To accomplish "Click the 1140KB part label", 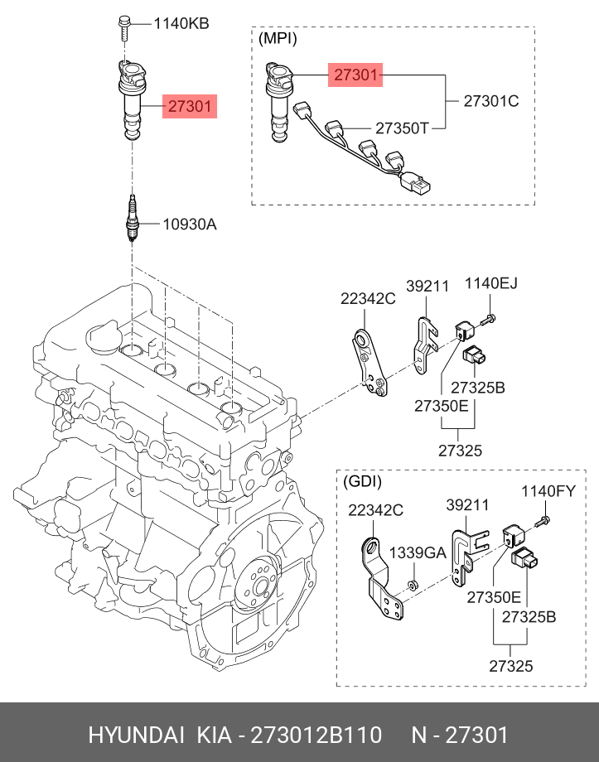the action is click(x=181, y=23).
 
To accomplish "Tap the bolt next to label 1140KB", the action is click(x=123, y=29).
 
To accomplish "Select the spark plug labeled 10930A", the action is click(x=131, y=218).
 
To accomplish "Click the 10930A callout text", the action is click(x=190, y=224).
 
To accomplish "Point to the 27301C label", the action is click(x=491, y=101).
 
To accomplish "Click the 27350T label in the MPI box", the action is click(x=403, y=128).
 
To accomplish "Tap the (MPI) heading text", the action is click(x=278, y=38).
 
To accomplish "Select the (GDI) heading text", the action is click(x=362, y=481).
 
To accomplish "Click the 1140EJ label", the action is click(x=491, y=282).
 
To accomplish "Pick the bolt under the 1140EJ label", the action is click(x=489, y=320).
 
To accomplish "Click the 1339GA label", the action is click(x=418, y=553).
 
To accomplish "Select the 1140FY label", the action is click(x=548, y=491).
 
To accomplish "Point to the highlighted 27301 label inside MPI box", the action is click(x=355, y=75).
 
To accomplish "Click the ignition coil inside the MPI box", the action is click(x=279, y=102).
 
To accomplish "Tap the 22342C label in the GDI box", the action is click(x=376, y=510).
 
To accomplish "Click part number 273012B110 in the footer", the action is click(x=316, y=735).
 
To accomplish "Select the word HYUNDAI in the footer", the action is click(x=136, y=735).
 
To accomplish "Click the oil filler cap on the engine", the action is click(x=102, y=336).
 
